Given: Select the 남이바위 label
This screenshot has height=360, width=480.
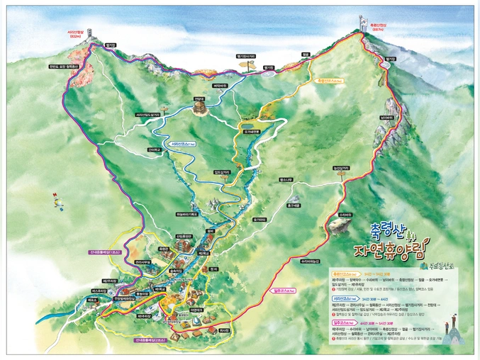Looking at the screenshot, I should [x=386, y=117].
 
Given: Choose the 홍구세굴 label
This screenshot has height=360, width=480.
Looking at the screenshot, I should [x=294, y=206].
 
